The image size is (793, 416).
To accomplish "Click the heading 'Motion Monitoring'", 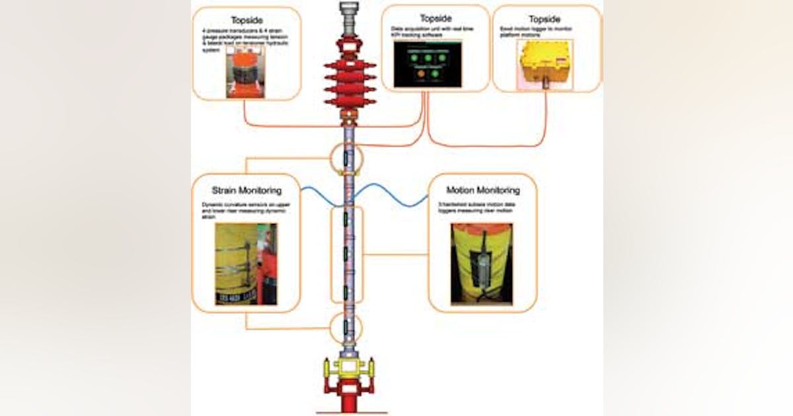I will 483,190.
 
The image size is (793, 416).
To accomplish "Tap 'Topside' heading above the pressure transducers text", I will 246,20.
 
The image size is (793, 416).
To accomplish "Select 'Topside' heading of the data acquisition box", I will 436,17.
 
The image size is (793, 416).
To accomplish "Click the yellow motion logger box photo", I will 545,63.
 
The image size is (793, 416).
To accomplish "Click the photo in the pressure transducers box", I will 246,75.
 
